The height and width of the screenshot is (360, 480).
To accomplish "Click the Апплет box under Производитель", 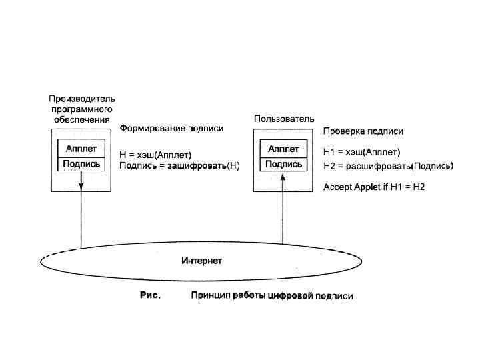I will pos(81,149).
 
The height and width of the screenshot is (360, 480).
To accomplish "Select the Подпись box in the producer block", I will pos(81,164).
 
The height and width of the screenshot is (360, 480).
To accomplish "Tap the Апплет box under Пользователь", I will pos(283,149).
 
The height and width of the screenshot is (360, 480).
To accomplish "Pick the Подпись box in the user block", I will pos(283,164).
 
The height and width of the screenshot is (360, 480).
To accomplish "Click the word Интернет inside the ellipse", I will pos(202,261).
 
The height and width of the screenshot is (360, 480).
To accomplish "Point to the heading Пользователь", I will pos(283,119).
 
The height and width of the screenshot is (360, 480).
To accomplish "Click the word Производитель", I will pos(82,99).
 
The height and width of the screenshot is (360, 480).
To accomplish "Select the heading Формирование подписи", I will pos(171,129).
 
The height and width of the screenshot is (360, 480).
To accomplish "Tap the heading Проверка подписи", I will pos(363,131).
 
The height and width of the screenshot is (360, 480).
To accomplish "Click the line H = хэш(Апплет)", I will pos(155,155).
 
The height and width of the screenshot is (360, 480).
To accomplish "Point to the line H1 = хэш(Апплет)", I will pos(361,152).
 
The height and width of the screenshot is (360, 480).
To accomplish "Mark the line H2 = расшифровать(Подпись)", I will pos(387,166).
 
